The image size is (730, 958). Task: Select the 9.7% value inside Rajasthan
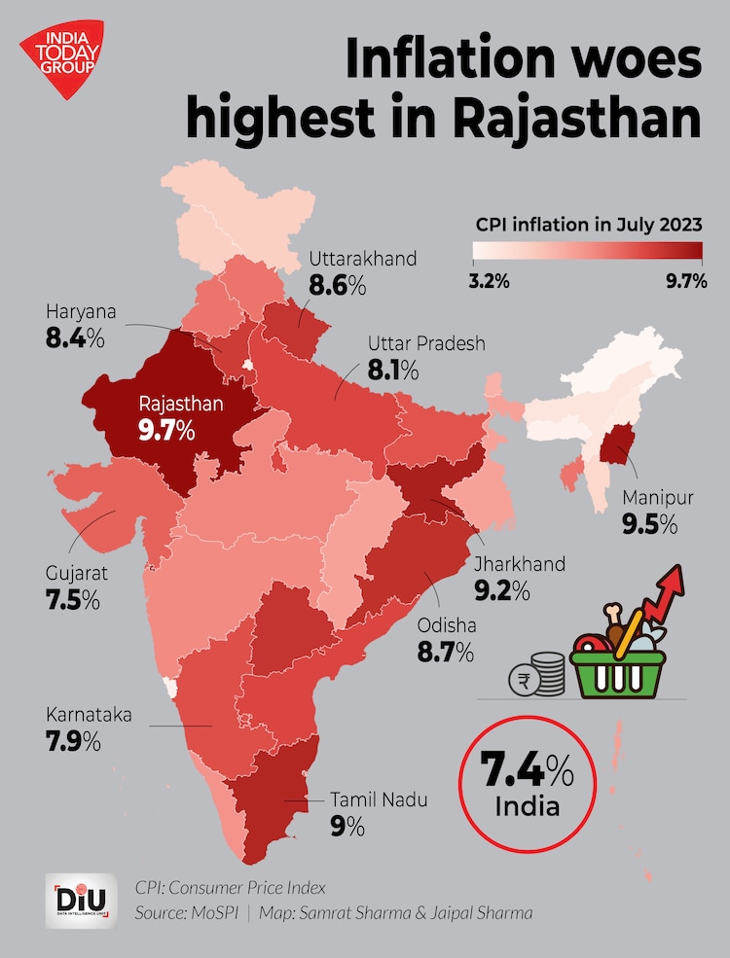click(166, 429)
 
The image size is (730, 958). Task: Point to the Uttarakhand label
click(363, 259)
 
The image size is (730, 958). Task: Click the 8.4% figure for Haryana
click(75, 339)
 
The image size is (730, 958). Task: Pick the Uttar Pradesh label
click(426, 344)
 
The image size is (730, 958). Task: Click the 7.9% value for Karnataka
click(73, 742)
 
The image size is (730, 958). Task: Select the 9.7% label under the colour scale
click(686, 282)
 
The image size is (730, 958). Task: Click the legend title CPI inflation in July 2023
click(589, 224)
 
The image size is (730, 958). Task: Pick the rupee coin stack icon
click(537, 673)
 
